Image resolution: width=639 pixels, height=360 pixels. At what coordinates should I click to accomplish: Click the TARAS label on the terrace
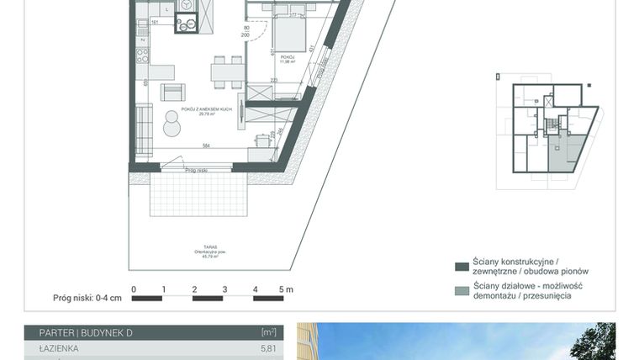pos(198,247)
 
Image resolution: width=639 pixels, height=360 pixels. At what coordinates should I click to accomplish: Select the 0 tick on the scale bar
pos(134,289)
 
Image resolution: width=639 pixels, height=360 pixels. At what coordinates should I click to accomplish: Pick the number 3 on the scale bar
pos(224,289)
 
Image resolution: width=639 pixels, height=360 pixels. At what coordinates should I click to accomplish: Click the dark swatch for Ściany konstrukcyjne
pos(461,267)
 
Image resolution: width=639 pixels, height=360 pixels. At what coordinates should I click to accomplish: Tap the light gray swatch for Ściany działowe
pos(461,291)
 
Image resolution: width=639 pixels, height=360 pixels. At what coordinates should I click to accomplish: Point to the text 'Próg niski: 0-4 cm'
pos(87,297)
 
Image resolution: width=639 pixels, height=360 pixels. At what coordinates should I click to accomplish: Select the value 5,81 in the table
pos(268,347)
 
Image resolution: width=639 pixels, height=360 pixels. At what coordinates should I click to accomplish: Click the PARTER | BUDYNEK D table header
pos(79,333)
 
